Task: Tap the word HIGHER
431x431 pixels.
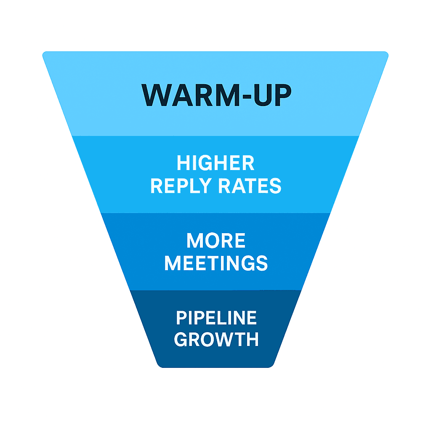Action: click(215, 163)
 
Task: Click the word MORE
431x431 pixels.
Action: click(216, 241)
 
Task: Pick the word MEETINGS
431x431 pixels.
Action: click(216, 263)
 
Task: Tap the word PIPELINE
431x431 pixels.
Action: click(216, 318)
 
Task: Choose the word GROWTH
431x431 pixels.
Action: click(216, 339)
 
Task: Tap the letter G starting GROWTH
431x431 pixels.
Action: click(181, 339)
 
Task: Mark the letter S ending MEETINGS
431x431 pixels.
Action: click(262, 263)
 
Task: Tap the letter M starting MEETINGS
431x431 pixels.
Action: click(173, 263)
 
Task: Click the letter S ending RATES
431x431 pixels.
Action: click(276, 186)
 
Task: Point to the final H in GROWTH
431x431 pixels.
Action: click(252, 339)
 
